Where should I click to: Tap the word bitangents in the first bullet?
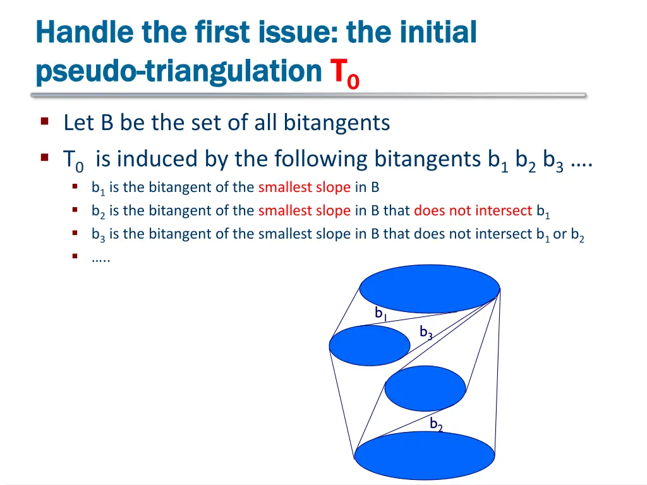[336, 123]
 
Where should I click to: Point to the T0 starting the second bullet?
[73, 160]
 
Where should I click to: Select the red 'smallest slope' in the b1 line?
[304, 188]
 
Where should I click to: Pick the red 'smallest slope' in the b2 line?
[304, 211]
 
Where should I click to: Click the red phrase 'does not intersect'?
[473, 211]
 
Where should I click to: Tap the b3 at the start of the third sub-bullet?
[99, 234]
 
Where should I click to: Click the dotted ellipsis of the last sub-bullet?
[100, 258]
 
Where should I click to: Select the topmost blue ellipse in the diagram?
[430, 289]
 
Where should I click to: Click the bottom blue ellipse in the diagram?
[424, 455]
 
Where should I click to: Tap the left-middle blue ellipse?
[370, 346]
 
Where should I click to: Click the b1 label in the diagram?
[380, 313]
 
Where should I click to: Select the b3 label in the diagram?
[426, 333]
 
